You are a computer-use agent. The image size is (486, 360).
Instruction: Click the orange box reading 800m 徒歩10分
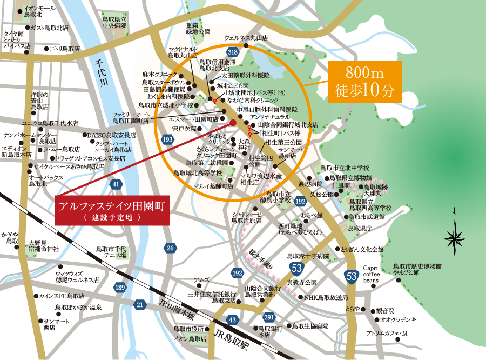[366, 81]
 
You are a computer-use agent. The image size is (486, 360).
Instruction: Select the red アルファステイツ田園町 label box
[112, 211]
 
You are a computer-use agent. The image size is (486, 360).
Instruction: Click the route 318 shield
[233, 52]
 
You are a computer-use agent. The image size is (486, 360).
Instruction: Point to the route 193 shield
[167, 140]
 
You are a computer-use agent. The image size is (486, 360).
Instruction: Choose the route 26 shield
[171, 248]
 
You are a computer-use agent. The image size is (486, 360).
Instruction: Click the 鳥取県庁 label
[361, 228]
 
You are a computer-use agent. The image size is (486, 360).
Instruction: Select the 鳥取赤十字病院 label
[308, 256]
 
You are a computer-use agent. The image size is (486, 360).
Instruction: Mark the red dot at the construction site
[233, 123]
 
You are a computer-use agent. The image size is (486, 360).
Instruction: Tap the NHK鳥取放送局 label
[325, 298]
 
